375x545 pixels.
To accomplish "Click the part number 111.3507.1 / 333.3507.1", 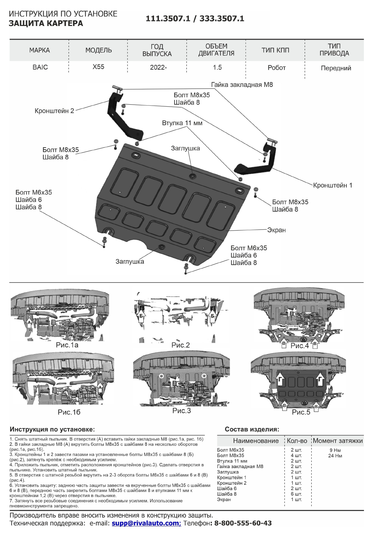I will click(195, 19).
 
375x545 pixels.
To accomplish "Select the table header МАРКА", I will click(39, 50).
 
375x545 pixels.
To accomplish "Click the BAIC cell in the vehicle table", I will click(40, 67).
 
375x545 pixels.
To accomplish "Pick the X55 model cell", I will click(98, 67).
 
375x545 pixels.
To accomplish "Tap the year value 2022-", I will click(158, 68).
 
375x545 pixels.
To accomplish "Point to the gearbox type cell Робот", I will click(276, 68).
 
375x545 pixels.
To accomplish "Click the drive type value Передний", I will click(336, 68).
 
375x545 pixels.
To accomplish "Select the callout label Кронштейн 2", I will click(54, 111).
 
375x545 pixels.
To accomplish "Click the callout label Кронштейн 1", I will click(332, 185).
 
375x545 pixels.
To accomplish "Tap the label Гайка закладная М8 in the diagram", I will click(242, 85).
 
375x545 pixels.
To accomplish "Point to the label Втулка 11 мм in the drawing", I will click(182, 123).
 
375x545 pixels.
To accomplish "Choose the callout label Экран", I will click(276, 230).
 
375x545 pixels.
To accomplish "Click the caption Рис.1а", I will click(67, 345).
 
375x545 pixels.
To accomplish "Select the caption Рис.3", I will click(182, 411).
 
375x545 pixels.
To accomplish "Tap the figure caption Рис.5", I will click(301, 412).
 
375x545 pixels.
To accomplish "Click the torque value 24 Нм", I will click(335, 455).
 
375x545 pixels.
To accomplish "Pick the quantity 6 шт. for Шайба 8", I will click(296, 494).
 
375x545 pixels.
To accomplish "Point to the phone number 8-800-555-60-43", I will click(243, 523).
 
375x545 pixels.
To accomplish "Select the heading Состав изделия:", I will click(252, 429).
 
